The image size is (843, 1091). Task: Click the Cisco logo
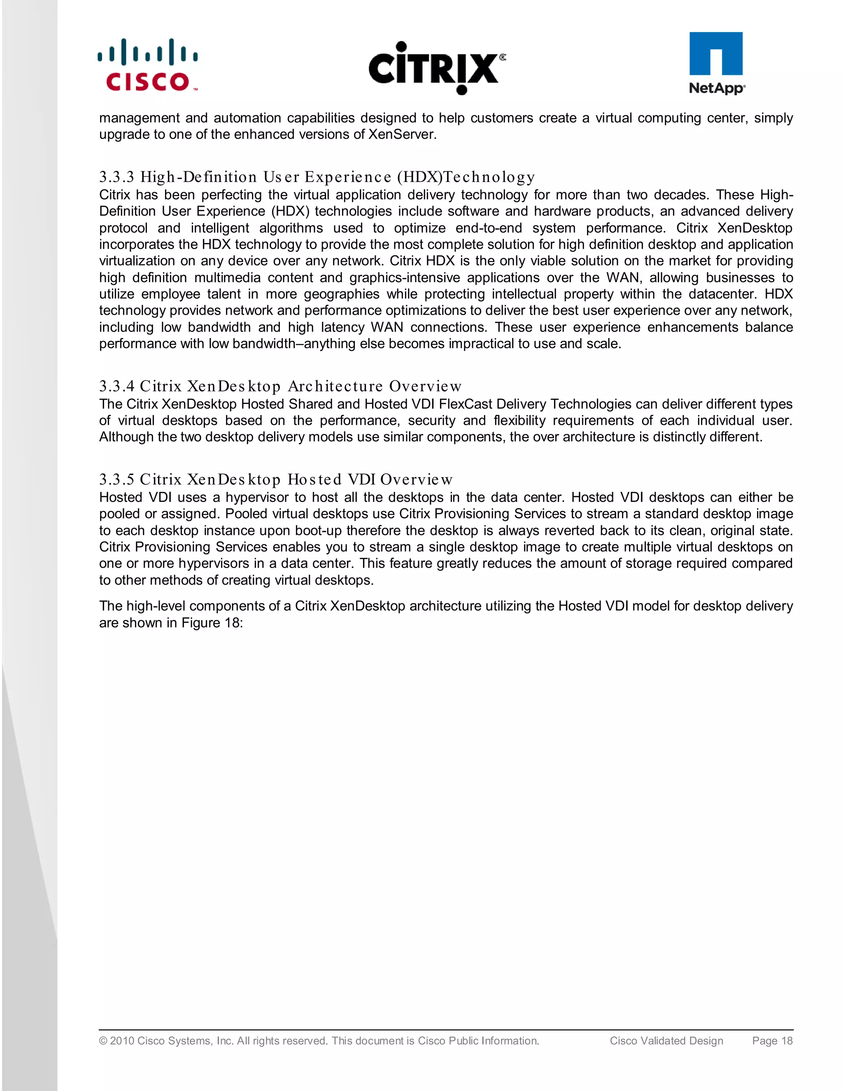coord(148,66)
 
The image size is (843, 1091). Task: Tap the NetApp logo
coord(717,63)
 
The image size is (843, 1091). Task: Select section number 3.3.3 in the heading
coord(117,177)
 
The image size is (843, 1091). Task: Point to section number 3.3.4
coord(117,386)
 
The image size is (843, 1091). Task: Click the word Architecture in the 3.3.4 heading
coord(335,386)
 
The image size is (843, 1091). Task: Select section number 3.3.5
coord(117,480)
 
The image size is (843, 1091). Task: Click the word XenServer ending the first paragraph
coord(402,134)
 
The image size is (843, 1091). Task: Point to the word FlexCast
coord(466,404)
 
